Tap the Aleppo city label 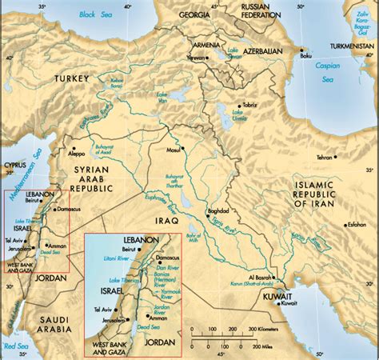coord(78,150)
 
